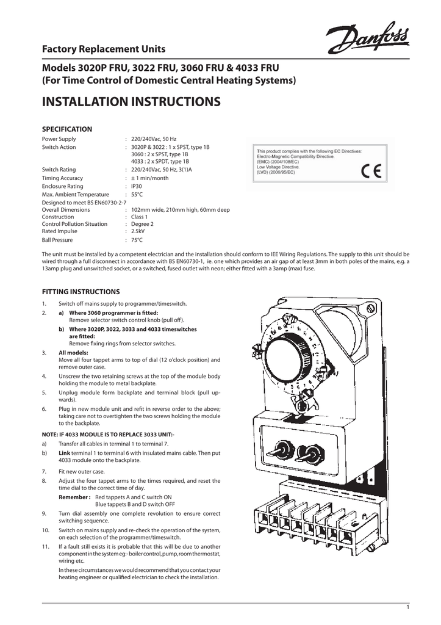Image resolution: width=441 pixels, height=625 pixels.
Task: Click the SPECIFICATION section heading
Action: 66,129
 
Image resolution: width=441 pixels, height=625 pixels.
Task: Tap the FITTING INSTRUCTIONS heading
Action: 81,292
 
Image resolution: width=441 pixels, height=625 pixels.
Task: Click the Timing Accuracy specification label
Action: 62,178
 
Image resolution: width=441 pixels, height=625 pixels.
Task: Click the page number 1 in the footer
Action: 407,605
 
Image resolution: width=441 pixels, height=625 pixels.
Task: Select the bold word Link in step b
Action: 64,453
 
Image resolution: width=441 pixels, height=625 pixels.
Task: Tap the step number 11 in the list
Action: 45,546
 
